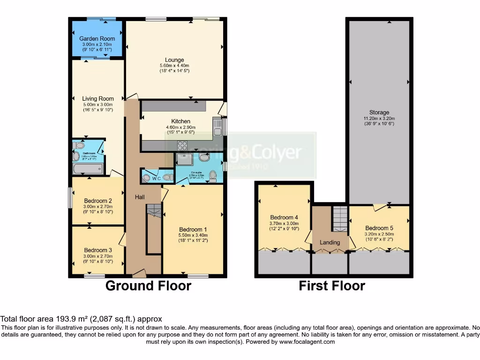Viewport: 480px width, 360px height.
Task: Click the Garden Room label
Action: [97, 38]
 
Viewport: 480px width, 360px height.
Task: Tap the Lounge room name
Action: [172, 60]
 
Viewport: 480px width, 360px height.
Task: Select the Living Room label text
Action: [98, 99]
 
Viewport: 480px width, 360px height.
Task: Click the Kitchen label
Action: [180, 121]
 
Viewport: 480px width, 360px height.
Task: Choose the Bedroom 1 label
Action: [186, 229]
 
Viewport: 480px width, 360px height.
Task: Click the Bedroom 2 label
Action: [98, 201]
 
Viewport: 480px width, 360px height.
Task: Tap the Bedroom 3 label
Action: [98, 250]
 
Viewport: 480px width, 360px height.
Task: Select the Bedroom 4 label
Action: [284, 217]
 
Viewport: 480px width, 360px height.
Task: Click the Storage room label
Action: [379, 112]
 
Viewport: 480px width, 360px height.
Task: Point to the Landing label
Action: [330, 242]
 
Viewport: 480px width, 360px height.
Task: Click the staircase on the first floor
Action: [340, 218]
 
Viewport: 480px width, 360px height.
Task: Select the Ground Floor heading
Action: [148, 285]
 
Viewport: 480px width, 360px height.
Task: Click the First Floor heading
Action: [332, 285]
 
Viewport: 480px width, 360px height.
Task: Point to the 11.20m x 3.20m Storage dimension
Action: [379, 119]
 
